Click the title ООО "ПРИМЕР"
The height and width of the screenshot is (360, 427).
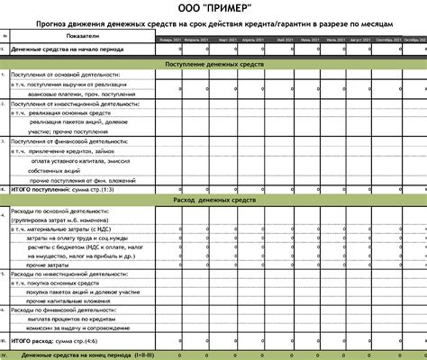click(x=213, y=8)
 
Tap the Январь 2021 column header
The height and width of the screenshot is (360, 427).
click(x=169, y=41)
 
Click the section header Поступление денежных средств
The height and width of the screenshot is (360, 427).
click(x=213, y=66)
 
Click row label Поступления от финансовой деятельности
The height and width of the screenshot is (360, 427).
click(x=61, y=141)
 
